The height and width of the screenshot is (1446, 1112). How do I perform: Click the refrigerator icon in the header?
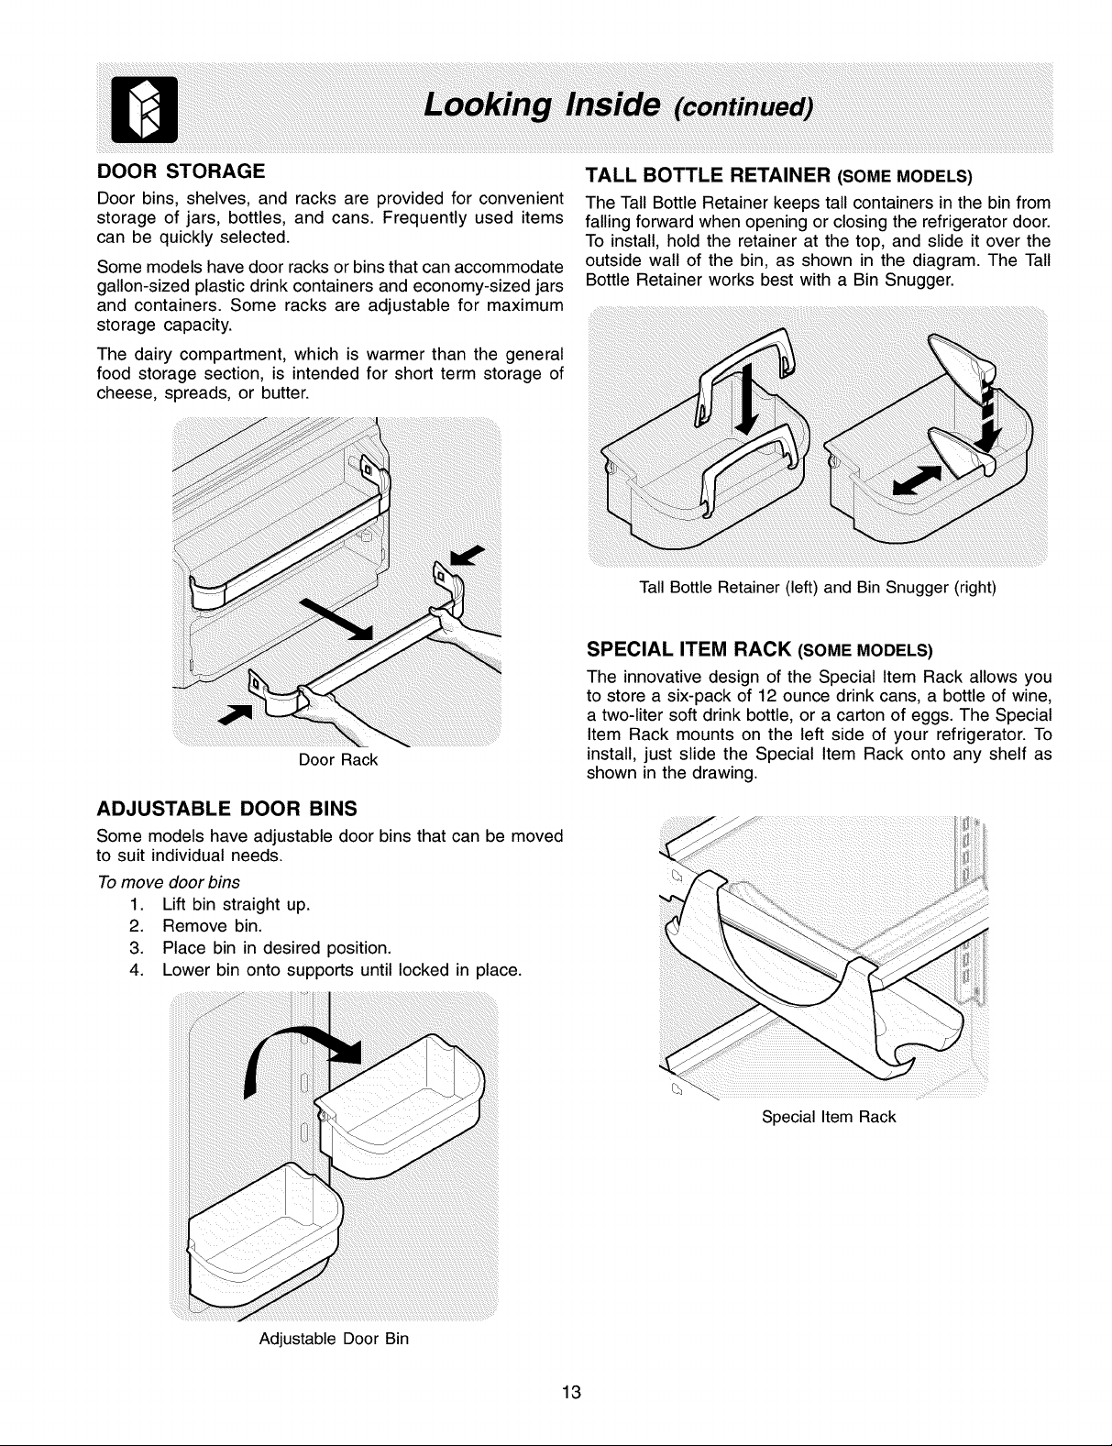(144, 110)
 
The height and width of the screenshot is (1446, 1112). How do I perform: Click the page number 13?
(571, 1392)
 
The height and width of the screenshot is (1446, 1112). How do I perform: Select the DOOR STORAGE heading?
(181, 171)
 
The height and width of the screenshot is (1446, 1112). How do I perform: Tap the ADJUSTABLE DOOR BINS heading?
(226, 809)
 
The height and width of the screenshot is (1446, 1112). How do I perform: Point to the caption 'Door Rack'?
(338, 760)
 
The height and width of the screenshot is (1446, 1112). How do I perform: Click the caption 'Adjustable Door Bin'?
(334, 1339)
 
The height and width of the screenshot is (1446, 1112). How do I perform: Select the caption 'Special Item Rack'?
(829, 1117)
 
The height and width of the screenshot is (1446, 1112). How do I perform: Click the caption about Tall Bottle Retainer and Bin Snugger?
(818, 588)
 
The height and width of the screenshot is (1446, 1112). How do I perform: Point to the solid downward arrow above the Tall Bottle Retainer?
(747, 398)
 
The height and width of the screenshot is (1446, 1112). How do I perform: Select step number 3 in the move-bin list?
(137, 947)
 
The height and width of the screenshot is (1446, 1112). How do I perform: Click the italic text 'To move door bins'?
(169, 882)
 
